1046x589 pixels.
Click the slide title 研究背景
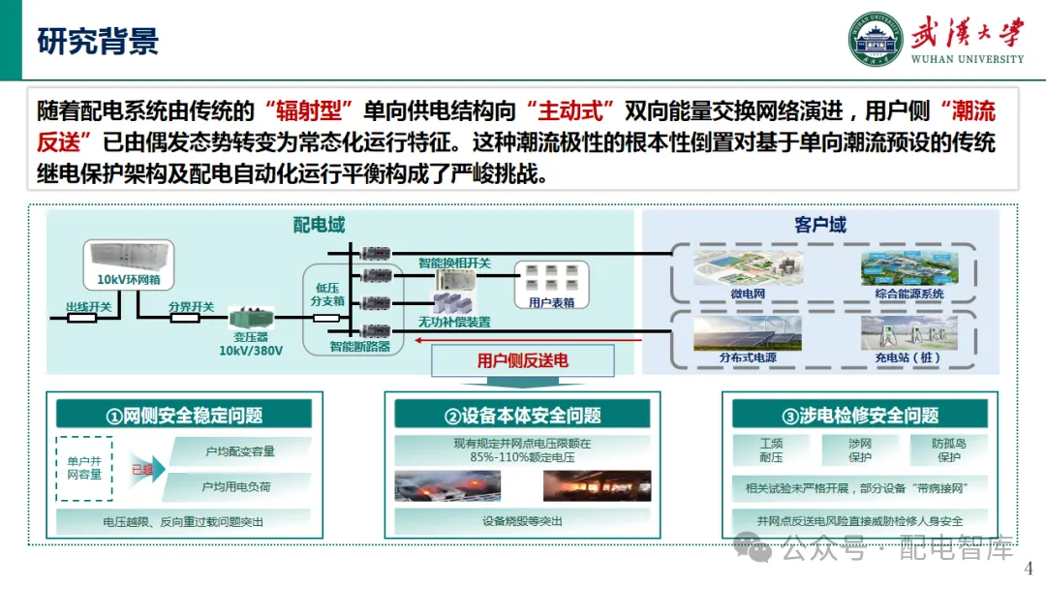coord(98,41)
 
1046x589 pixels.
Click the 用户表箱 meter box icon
coord(550,280)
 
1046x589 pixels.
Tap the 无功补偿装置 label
coord(454,322)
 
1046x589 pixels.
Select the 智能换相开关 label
coord(454,263)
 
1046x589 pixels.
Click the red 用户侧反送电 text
coord(523,361)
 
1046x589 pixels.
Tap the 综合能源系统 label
coord(903,294)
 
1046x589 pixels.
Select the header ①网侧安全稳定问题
coord(184,416)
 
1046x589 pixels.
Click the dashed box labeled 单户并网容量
coord(84,469)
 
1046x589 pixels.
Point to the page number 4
coord(1029,569)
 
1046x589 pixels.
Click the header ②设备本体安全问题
coord(522,416)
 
